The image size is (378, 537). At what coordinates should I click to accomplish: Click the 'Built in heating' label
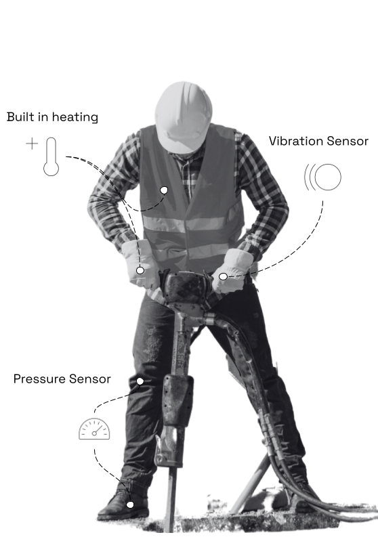coord(52,117)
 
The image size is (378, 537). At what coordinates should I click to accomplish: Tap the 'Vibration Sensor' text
coord(318,141)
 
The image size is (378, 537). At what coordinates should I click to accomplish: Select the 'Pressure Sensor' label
coord(62,379)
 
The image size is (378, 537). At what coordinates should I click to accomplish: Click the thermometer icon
coord(51,156)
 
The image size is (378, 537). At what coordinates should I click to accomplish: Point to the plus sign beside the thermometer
coord(32,144)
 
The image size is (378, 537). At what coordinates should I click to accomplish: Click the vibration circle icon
coord(322,177)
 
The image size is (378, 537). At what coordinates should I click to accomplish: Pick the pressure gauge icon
coord(94,429)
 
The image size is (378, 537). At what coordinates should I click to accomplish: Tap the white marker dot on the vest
coord(164,190)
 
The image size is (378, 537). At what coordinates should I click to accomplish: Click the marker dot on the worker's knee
coord(140,381)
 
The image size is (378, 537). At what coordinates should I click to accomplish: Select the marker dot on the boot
coord(130,504)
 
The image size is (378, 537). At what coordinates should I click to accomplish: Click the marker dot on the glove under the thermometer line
coord(140,270)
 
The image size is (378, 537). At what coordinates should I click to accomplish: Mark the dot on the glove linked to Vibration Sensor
coord(223,276)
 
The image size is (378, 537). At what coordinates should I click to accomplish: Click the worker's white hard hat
coord(184,116)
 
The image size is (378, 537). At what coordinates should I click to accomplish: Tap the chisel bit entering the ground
coord(171,496)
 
